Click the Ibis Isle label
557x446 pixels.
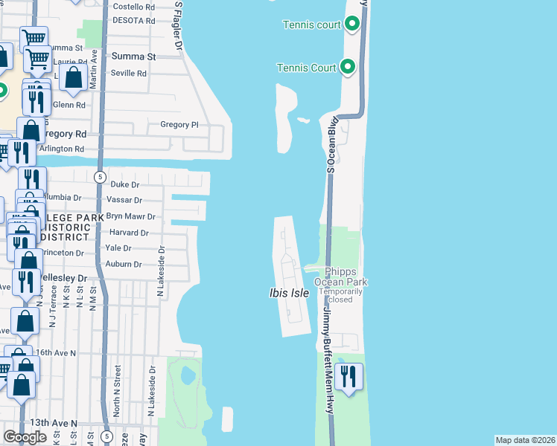click(x=289, y=294)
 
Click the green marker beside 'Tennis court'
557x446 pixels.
click(x=352, y=25)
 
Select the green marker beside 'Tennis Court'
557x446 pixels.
click(x=348, y=68)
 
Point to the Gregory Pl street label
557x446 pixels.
click(x=179, y=125)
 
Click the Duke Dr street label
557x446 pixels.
click(x=125, y=184)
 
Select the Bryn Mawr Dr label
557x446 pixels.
click(x=130, y=217)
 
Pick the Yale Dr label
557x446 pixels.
click(x=118, y=248)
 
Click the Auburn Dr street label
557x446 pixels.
click(x=124, y=264)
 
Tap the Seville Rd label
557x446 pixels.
click(x=129, y=74)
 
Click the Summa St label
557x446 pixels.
click(x=133, y=56)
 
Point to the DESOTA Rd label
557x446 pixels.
click(x=133, y=20)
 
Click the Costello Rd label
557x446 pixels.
click(x=133, y=6)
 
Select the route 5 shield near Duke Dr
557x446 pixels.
click(x=100, y=176)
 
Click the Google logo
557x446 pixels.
click(x=25, y=437)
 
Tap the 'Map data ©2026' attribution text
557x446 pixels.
click(x=525, y=440)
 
